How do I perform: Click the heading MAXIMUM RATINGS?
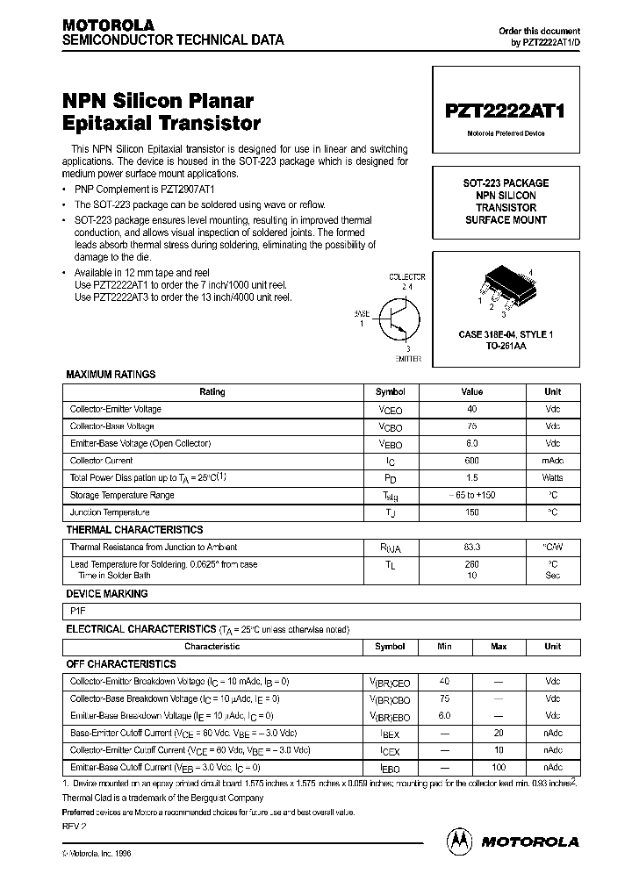[111, 375]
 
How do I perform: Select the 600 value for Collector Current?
[471, 461]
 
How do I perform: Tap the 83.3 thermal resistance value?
[471, 547]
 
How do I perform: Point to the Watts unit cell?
[552, 478]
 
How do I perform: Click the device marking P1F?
[77, 612]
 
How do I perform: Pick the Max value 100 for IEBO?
[499, 767]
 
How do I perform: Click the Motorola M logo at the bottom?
[460, 841]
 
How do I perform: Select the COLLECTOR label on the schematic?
[406, 277]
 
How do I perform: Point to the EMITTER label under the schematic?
[407, 359]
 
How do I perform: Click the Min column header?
[444, 647]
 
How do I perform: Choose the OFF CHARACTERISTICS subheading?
[121, 664]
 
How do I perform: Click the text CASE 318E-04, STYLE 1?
[506, 335]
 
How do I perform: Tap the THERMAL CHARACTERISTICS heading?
[134, 530]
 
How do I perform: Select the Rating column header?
[212, 392]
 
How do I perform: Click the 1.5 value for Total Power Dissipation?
[471, 478]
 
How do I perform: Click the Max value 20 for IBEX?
[499, 733]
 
